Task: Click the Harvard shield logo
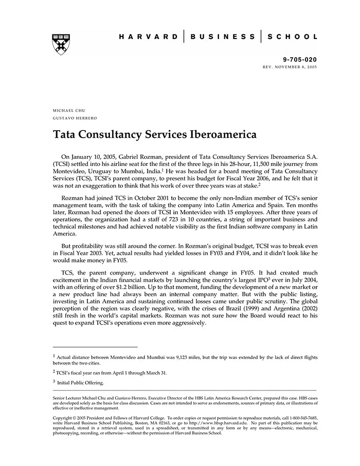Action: pyautogui.click(x=61, y=45)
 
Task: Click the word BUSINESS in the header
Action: pyautogui.click(x=222, y=37)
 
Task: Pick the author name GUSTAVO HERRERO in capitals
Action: pyautogui.click(x=75, y=118)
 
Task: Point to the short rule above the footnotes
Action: pyautogui.click(x=95, y=347)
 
